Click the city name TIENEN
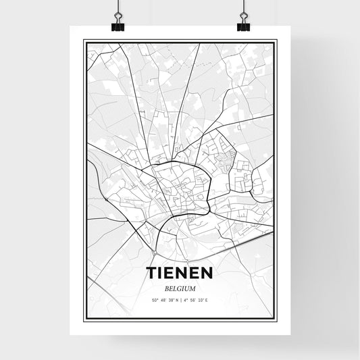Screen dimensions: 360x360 click(179, 273)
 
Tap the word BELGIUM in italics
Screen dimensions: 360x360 click(179, 287)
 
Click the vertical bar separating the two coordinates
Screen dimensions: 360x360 click(180, 300)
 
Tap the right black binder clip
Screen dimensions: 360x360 click(243, 26)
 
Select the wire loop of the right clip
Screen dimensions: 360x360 click(243, 17)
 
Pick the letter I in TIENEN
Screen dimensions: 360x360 click(160, 273)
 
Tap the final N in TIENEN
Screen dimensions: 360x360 click(208, 273)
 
